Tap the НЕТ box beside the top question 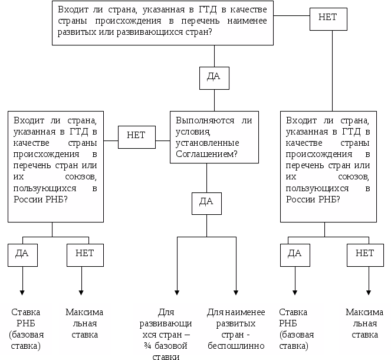(327, 17)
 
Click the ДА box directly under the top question (215, 76)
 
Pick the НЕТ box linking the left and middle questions (136, 135)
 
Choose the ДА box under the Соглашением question (206, 201)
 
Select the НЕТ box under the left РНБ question (81, 253)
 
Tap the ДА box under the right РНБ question (294, 253)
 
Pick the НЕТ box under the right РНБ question (365, 253)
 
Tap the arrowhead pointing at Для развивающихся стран (178, 292)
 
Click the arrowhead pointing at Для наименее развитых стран (236, 292)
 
